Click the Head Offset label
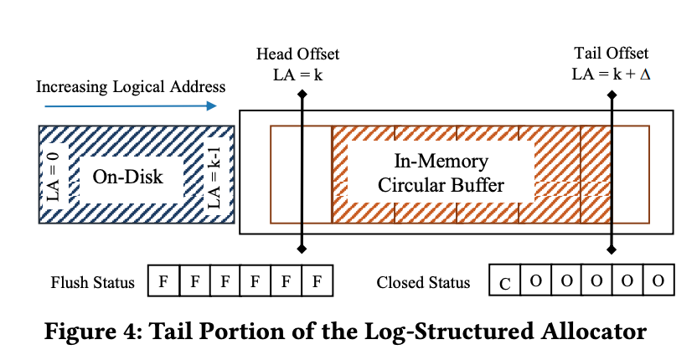298,55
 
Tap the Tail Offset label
612,55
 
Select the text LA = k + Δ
612,74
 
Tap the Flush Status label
92,282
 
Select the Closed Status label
424,282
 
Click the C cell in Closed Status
504,282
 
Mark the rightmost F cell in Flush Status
317,281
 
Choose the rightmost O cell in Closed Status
658,281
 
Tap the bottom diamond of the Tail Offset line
613,249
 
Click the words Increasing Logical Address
131,86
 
